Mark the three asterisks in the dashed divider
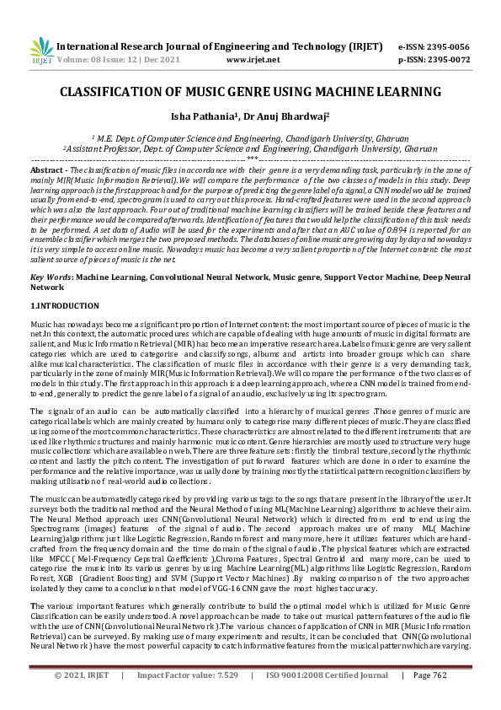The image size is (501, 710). pyautogui.click(x=251, y=159)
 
